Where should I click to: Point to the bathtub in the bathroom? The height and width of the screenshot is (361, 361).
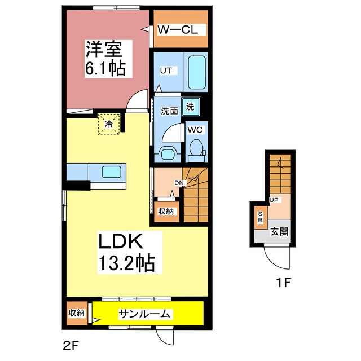coord(196,73)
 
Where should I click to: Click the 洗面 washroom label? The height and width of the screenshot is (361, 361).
coord(169,111)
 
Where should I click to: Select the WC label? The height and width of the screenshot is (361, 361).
coord(195,129)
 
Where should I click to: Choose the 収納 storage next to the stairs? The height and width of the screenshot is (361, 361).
coord(166,211)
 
